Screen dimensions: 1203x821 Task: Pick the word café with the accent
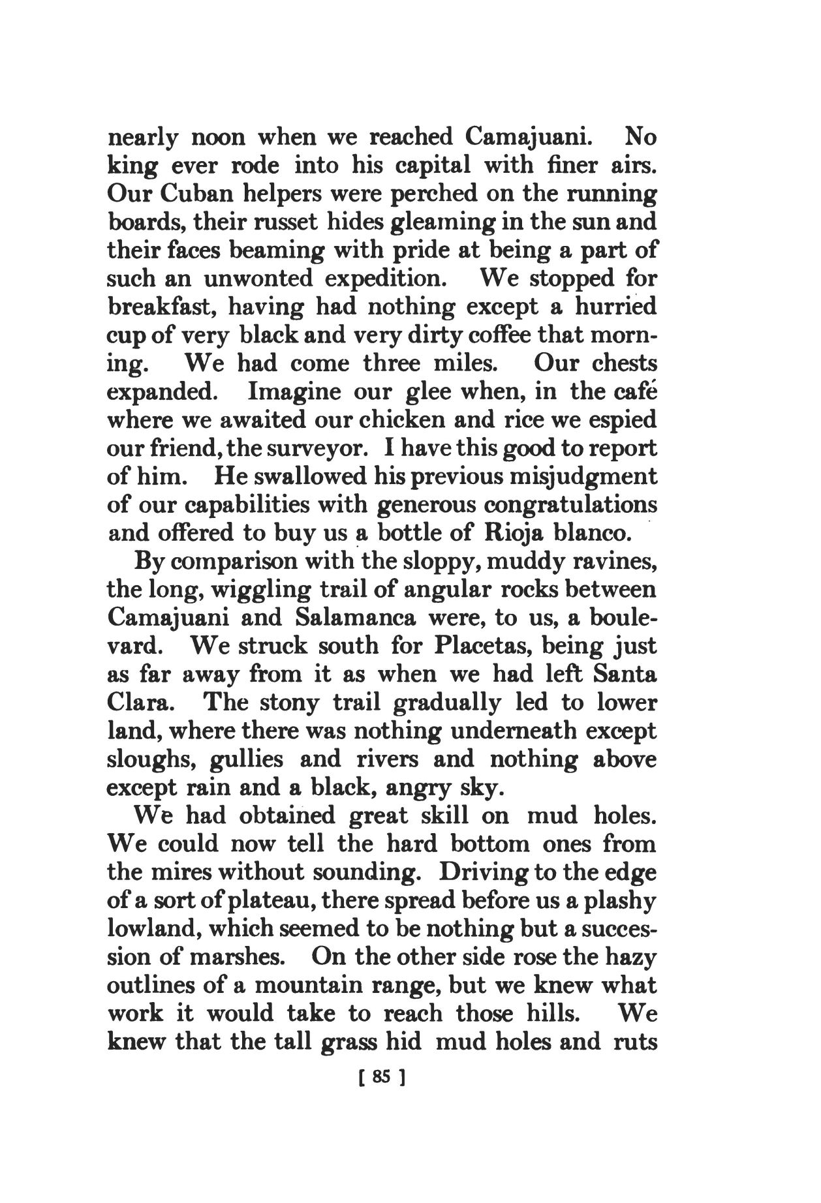(x=630, y=392)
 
